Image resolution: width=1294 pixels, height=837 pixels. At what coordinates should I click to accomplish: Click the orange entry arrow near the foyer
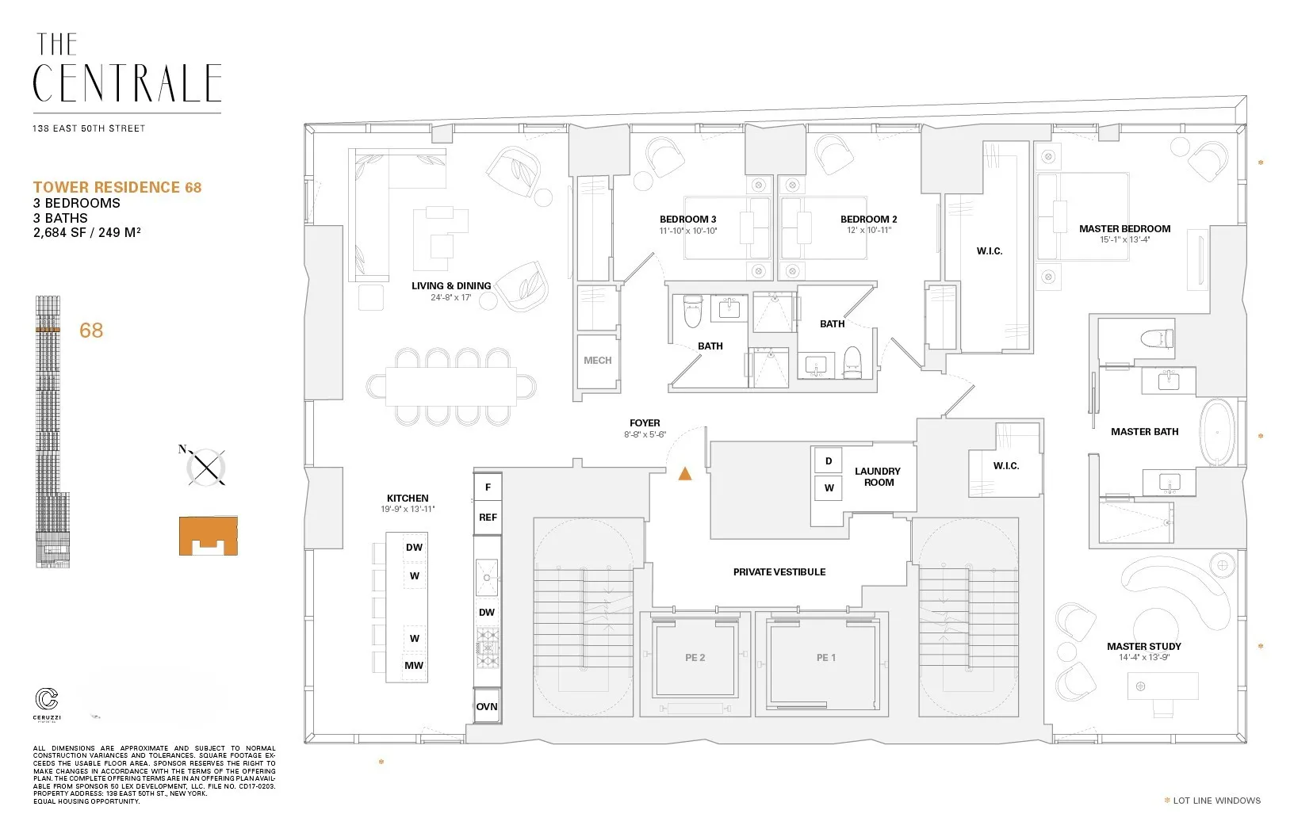(x=685, y=474)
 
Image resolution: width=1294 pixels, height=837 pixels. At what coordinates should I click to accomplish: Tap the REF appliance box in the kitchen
(x=488, y=518)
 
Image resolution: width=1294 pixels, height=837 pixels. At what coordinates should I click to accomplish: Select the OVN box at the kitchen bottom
(x=487, y=706)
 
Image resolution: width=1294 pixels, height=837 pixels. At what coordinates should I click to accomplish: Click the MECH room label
(x=597, y=361)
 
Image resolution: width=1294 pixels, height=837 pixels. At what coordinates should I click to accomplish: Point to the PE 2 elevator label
(x=695, y=658)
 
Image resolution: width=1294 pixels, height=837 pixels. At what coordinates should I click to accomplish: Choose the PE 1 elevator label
(x=826, y=658)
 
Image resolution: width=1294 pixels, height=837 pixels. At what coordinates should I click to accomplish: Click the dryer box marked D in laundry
(x=829, y=461)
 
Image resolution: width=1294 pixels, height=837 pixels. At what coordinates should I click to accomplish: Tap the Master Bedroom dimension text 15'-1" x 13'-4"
(x=1124, y=239)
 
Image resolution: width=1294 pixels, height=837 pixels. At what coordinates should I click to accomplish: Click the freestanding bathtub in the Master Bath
(x=1217, y=434)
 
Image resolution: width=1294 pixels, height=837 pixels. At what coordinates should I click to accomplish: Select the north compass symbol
(x=205, y=466)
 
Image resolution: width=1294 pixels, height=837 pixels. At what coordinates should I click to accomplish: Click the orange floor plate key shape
(x=208, y=535)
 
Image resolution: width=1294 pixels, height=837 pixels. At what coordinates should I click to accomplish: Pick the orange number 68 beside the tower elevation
(x=91, y=331)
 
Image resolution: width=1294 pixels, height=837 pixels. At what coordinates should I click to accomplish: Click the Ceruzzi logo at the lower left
(x=47, y=701)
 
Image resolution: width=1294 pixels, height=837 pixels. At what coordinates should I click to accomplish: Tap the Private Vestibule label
(x=779, y=571)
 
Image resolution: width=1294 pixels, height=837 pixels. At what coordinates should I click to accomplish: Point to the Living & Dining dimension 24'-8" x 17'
(x=450, y=297)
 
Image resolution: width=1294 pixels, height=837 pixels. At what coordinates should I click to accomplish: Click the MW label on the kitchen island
(x=414, y=666)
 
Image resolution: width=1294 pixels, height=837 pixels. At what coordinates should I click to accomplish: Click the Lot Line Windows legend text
(x=1216, y=801)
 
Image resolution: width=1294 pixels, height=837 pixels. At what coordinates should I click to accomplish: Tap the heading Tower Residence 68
(x=117, y=187)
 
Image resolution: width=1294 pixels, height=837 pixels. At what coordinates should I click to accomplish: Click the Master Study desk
(x=1162, y=686)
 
